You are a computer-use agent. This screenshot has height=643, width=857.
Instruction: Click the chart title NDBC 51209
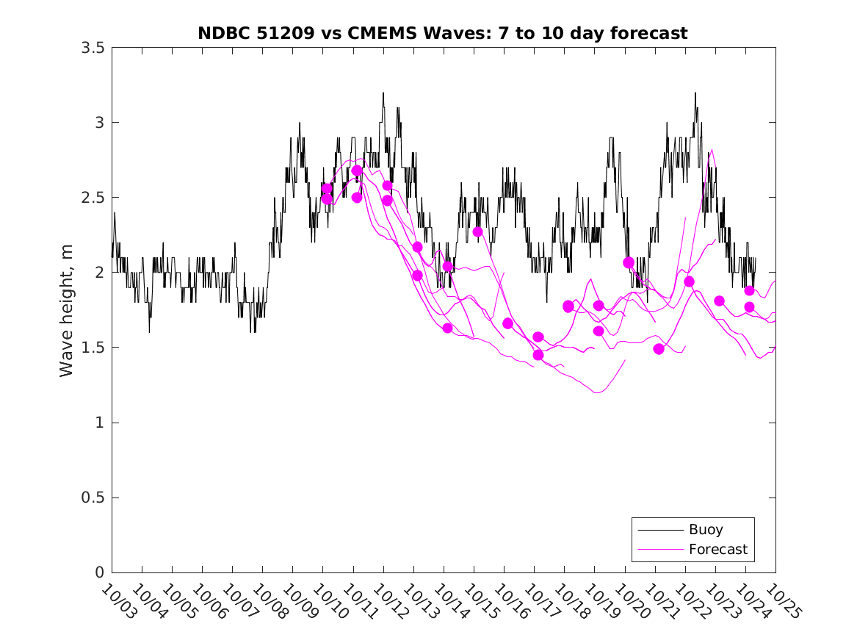(443, 33)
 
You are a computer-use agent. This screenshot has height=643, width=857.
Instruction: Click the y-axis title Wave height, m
(67, 310)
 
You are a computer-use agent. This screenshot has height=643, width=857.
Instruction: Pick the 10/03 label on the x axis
(118, 602)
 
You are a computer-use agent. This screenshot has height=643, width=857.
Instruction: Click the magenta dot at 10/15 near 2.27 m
(477, 231)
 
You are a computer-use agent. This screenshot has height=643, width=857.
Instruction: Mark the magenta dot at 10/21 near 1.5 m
(659, 349)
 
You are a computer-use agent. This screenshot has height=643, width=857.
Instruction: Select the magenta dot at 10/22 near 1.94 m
(689, 281)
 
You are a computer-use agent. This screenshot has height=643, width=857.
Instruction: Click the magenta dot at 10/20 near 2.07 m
(629, 262)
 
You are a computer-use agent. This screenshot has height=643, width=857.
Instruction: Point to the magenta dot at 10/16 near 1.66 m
(507, 323)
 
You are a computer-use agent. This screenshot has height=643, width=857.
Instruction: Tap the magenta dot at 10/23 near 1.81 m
(719, 301)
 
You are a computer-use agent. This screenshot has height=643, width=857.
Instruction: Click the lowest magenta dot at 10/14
(447, 328)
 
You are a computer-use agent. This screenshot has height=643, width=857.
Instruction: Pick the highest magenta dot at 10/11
(357, 170)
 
